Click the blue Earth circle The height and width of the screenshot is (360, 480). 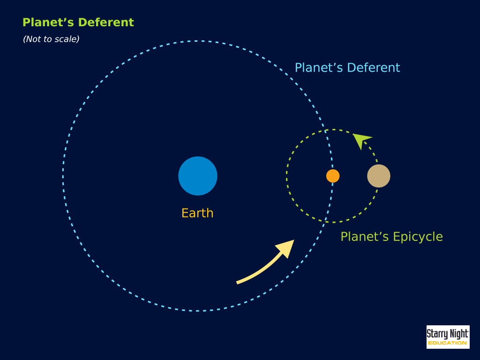198,176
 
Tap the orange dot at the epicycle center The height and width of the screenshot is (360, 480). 333,176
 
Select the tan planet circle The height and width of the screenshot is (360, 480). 379,176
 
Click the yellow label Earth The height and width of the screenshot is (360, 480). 197,213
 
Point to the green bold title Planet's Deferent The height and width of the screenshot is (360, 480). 78,22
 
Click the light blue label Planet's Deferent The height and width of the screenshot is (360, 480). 347,67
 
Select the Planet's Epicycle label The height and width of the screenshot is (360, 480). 391,237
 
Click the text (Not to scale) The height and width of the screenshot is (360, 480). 51,39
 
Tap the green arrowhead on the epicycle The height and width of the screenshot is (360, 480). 361,141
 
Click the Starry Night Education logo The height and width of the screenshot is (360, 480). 448,337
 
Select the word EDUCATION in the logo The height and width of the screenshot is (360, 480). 447,343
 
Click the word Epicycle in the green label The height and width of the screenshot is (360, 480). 418,237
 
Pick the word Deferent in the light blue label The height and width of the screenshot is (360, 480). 374,67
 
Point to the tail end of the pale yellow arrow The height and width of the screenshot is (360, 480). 237,283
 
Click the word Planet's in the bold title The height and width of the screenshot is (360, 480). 48,22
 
